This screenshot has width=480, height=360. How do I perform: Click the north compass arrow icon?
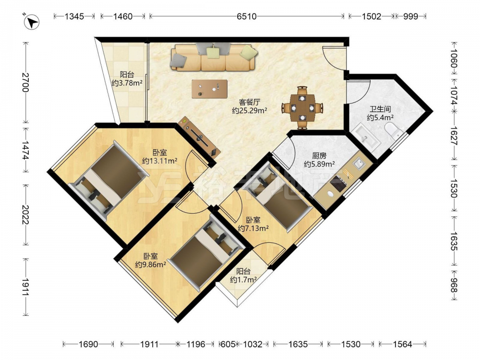tap(32, 22)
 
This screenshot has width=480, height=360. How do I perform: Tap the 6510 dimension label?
tap(246, 16)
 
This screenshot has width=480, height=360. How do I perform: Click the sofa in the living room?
tap(214, 57)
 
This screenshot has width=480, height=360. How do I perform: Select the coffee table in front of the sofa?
tap(209, 89)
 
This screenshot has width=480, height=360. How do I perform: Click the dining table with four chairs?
tap(302, 108)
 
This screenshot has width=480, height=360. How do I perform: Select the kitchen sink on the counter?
tap(359, 164)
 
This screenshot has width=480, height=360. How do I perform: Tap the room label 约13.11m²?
tap(160, 161)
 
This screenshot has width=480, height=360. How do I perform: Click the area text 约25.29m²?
tap(250, 110)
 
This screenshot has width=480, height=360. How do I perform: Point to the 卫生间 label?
tap(380, 109)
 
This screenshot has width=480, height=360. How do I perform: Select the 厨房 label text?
tap(319, 156)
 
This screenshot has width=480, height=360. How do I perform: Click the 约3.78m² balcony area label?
tap(127, 83)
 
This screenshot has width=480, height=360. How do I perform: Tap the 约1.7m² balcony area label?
tap(243, 280)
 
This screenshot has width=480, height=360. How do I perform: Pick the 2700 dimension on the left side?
tap(25, 83)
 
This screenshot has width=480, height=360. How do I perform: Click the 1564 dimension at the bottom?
tap(402, 344)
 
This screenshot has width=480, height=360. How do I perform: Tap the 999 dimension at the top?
tap(410, 16)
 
